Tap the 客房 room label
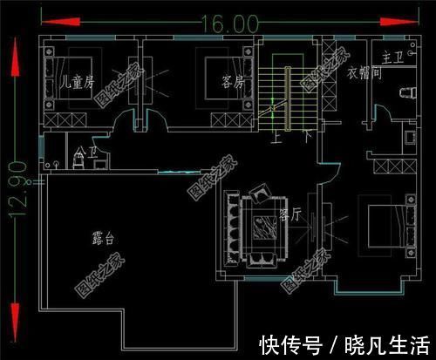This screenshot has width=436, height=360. (x=231, y=83)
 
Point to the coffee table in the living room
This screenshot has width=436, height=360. (x=259, y=228)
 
